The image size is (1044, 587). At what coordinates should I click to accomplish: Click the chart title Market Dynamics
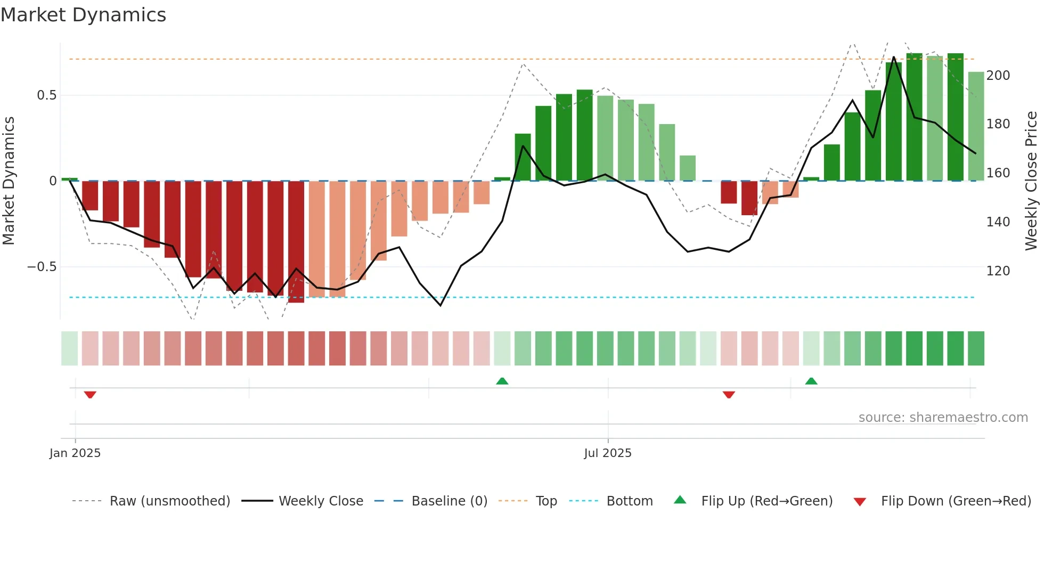pyautogui.click(x=84, y=15)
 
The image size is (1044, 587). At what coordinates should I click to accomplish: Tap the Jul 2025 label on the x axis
pyautogui.click(x=607, y=453)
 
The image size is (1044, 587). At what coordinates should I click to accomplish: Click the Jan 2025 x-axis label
pyautogui.click(x=75, y=453)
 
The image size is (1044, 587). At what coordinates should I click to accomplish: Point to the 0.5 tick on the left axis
pyautogui.click(x=46, y=95)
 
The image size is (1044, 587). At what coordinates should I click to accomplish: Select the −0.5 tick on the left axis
pyautogui.click(x=42, y=267)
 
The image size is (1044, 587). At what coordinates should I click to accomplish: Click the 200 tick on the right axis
pyautogui.click(x=998, y=76)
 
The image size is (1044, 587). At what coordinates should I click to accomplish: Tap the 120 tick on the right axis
pyautogui.click(x=998, y=271)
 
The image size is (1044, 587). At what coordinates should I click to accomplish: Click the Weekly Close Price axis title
pyautogui.click(x=1031, y=181)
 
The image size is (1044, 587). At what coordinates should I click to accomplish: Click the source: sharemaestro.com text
pyautogui.click(x=943, y=418)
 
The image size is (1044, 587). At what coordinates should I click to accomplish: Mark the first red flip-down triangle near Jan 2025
pyautogui.click(x=90, y=395)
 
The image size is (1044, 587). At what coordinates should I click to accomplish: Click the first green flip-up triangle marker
pyautogui.click(x=502, y=381)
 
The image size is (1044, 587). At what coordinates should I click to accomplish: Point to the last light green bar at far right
pyautogui.click(x=976, y=126)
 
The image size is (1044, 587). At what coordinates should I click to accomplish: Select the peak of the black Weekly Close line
pyautogui.click(x=894, y=56)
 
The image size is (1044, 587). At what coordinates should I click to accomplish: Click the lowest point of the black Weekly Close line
pyautogui.click(x=441, y=305)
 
